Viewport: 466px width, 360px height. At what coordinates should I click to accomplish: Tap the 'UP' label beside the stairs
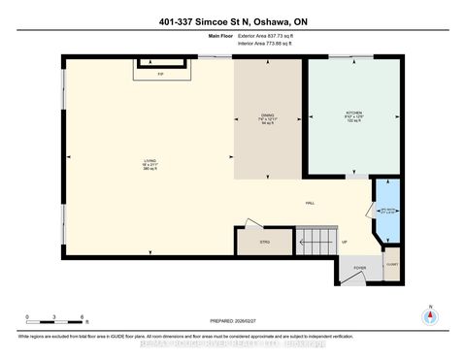pos(344,242)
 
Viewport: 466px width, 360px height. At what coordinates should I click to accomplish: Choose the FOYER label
pos(359,269)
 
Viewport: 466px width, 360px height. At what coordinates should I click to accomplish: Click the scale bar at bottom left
pos(56,321)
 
